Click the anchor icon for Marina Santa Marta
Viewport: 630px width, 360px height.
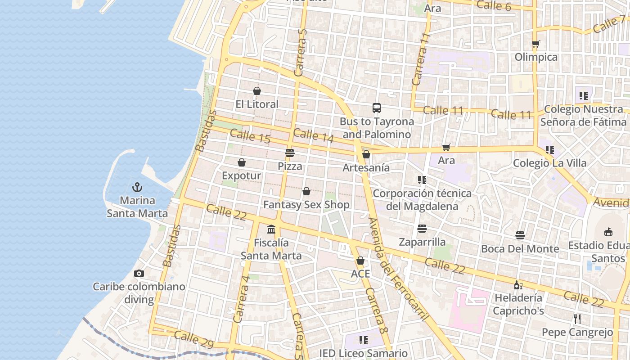(x=137, y=187)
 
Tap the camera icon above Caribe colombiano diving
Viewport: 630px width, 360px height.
(x=139, y=273)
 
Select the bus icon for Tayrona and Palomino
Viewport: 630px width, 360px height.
(x=377, y=108)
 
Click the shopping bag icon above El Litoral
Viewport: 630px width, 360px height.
(x=257, y=91)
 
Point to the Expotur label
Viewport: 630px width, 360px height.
(x=242, y=175)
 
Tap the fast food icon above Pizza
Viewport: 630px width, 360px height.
(x=290, y=153)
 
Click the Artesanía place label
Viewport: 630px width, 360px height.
(x=366, y=167)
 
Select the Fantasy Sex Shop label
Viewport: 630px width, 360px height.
(x=306, y=205)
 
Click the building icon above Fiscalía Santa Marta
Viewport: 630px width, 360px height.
(x=271, y=229)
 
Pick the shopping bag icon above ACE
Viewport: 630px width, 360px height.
(x=360, y=261)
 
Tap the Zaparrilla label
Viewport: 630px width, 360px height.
(x=422, y=242)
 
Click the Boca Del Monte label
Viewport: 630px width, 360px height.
(x=520, y=249)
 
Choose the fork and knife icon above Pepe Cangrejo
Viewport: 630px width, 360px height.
(x=577, y=319)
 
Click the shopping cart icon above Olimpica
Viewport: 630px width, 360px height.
(x=535, y=44)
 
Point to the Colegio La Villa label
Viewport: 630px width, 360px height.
(x=550, y=163)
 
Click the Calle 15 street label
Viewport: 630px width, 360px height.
(x=250, y=136)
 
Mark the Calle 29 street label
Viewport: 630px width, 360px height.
(x=194, y=339)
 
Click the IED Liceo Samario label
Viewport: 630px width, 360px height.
(x=364, y=353)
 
